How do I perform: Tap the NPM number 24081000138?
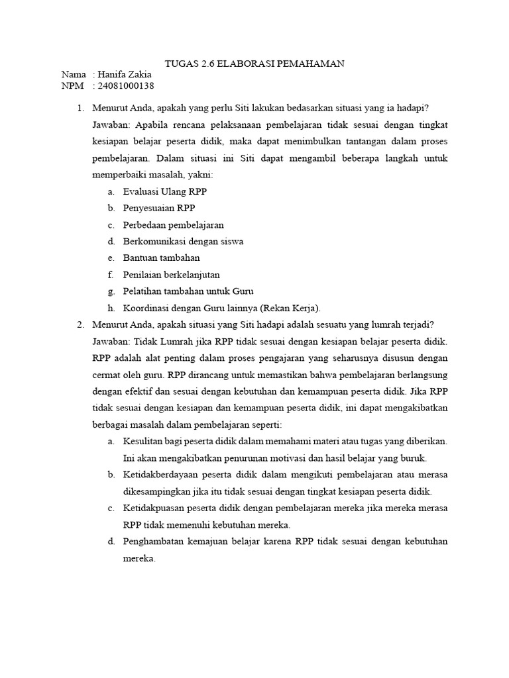click(x=126, y=85)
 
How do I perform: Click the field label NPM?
click(x=72, y=85)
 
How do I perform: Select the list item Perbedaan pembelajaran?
click(x=174, y=225)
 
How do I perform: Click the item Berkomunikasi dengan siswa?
click(x=183, y=242)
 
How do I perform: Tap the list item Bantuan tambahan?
click(x=161, y=258)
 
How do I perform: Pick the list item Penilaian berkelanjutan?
click(x=171, y=275)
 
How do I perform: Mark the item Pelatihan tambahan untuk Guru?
click(x=188, y=291)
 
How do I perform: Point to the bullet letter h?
click(x=110, y=308)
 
